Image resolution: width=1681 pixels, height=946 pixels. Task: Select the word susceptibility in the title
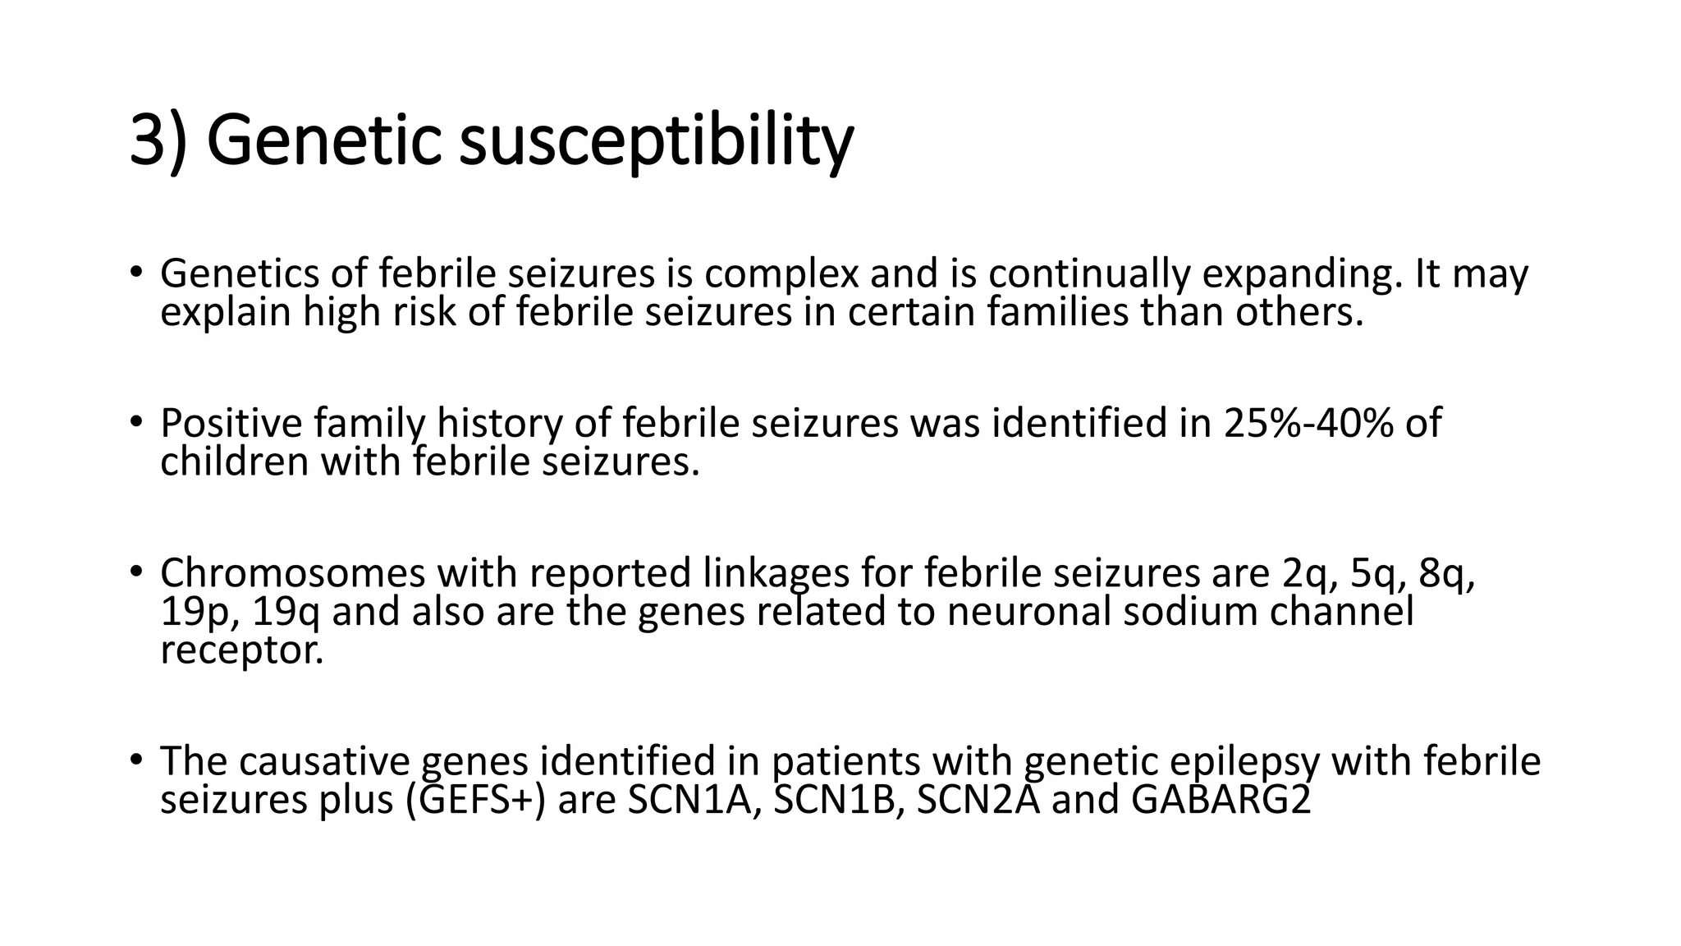pyautogui.click(x=656, y=141)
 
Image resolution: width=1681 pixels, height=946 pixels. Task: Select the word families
pyautogui.click(x=1058, y=312)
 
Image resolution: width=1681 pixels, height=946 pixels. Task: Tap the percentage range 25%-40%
pyautogui.click(x=1308, y=424)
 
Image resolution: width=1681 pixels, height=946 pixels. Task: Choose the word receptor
pyautogui.click(x=241, y=651)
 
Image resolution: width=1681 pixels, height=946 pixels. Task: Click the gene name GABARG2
pyautogui.click(x=1221, y=799)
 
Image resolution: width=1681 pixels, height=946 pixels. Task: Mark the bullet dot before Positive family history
pyautogui.click(x=135, y=421)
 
